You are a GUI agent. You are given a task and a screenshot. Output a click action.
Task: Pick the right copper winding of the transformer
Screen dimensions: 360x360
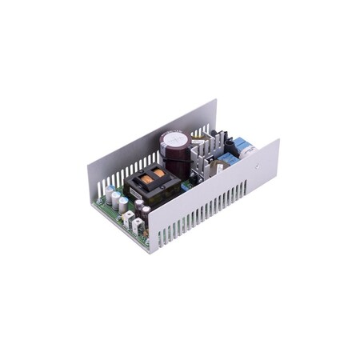pyautogui.click(x=159, y=171)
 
